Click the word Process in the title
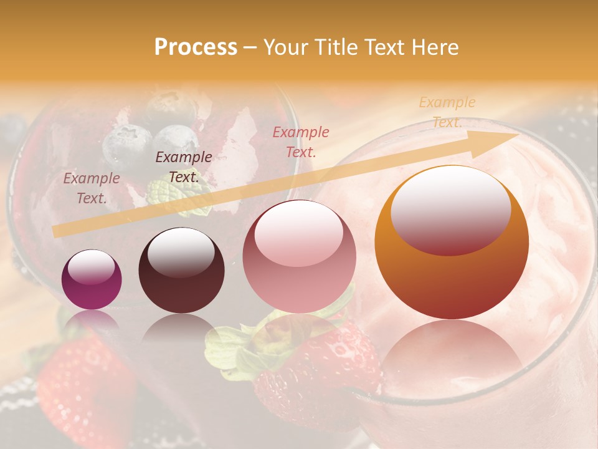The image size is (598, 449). pyautogui.click(x=196, y=47)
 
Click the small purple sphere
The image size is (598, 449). pyautogui.click(x=92, y=279)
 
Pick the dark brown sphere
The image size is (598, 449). pyautogui.click(x=181, y=271)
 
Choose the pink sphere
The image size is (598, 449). pyautogui.click(x=299, y=257)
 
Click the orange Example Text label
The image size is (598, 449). pyautogui.click(x=447, y=112)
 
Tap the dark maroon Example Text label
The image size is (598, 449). pyautogui.click(x=183, y=167)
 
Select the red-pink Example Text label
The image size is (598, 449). pyautogui.click(x=300, y=142)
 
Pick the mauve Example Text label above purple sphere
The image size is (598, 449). pyautogui.click(x=91, y=188)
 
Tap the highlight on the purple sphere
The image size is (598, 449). pyautogui.click(x=91, y=268)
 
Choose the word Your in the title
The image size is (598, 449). pyautogui.click(x=283, y=47)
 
